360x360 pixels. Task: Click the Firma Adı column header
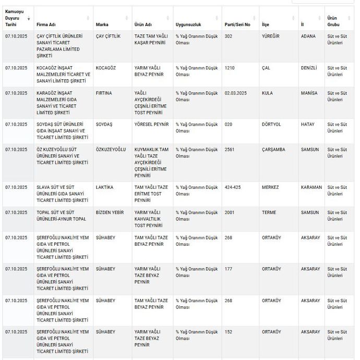coord(47,25)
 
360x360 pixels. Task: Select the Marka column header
coord(102,25)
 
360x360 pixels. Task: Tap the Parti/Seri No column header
coord(237,25)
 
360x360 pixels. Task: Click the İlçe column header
coord(265,25)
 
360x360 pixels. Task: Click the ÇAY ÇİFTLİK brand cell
coord(108,37)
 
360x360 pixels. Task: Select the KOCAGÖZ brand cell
coord(106,68)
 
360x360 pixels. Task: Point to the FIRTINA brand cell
coord(104,93)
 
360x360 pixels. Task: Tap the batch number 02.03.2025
coord(236,93)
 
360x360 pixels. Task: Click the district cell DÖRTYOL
coord(271,124)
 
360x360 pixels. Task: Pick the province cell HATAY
coord(308,124)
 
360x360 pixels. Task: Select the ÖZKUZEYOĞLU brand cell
coord(111,149)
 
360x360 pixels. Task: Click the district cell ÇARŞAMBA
coord(273,149)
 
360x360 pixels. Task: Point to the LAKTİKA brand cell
coord(105,187)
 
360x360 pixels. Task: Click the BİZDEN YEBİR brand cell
coord(110,212)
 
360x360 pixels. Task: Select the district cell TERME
coord(268,212)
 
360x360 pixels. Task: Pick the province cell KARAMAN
coord(311,187)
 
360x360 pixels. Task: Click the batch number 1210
coord(230,68)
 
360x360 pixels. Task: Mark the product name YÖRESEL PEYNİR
coord(151,124)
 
